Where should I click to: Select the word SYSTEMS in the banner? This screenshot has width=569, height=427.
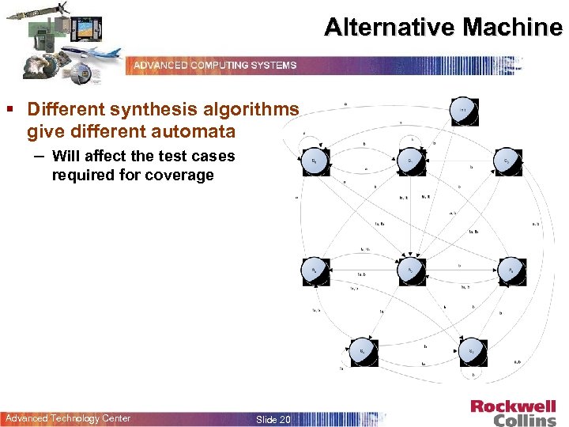(274, 65)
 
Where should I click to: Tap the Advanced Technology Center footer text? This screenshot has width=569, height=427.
(68, 418)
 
